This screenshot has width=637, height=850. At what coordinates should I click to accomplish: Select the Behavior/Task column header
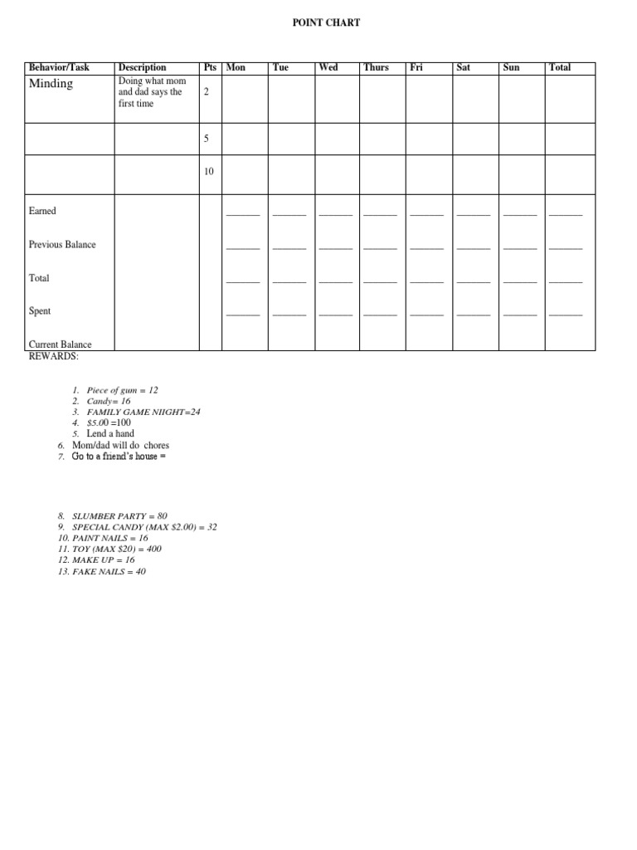point(59,67)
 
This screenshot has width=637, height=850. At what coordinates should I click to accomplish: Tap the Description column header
point(142,67)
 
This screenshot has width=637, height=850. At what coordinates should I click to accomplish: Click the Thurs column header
point(376,67)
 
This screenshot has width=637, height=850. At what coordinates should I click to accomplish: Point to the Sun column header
point(511,67)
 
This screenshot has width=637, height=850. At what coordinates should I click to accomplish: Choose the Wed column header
point(328,67)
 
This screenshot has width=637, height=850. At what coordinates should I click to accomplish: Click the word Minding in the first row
point(51,84)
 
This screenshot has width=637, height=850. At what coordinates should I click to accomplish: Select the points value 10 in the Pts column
point(208,172)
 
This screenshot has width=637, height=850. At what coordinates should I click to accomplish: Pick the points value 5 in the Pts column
point(206,138)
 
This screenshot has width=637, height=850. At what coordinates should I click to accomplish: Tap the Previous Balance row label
point(62,245)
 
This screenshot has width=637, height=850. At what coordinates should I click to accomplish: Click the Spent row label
point(40,311)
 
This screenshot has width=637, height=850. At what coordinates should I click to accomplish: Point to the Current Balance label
point(61,344)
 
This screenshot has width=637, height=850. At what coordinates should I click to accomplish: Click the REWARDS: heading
point(54,356)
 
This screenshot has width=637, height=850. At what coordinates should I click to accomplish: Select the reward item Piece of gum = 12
point(122,389)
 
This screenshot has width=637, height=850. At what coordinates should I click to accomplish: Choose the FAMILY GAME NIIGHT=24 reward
point(143,412)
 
